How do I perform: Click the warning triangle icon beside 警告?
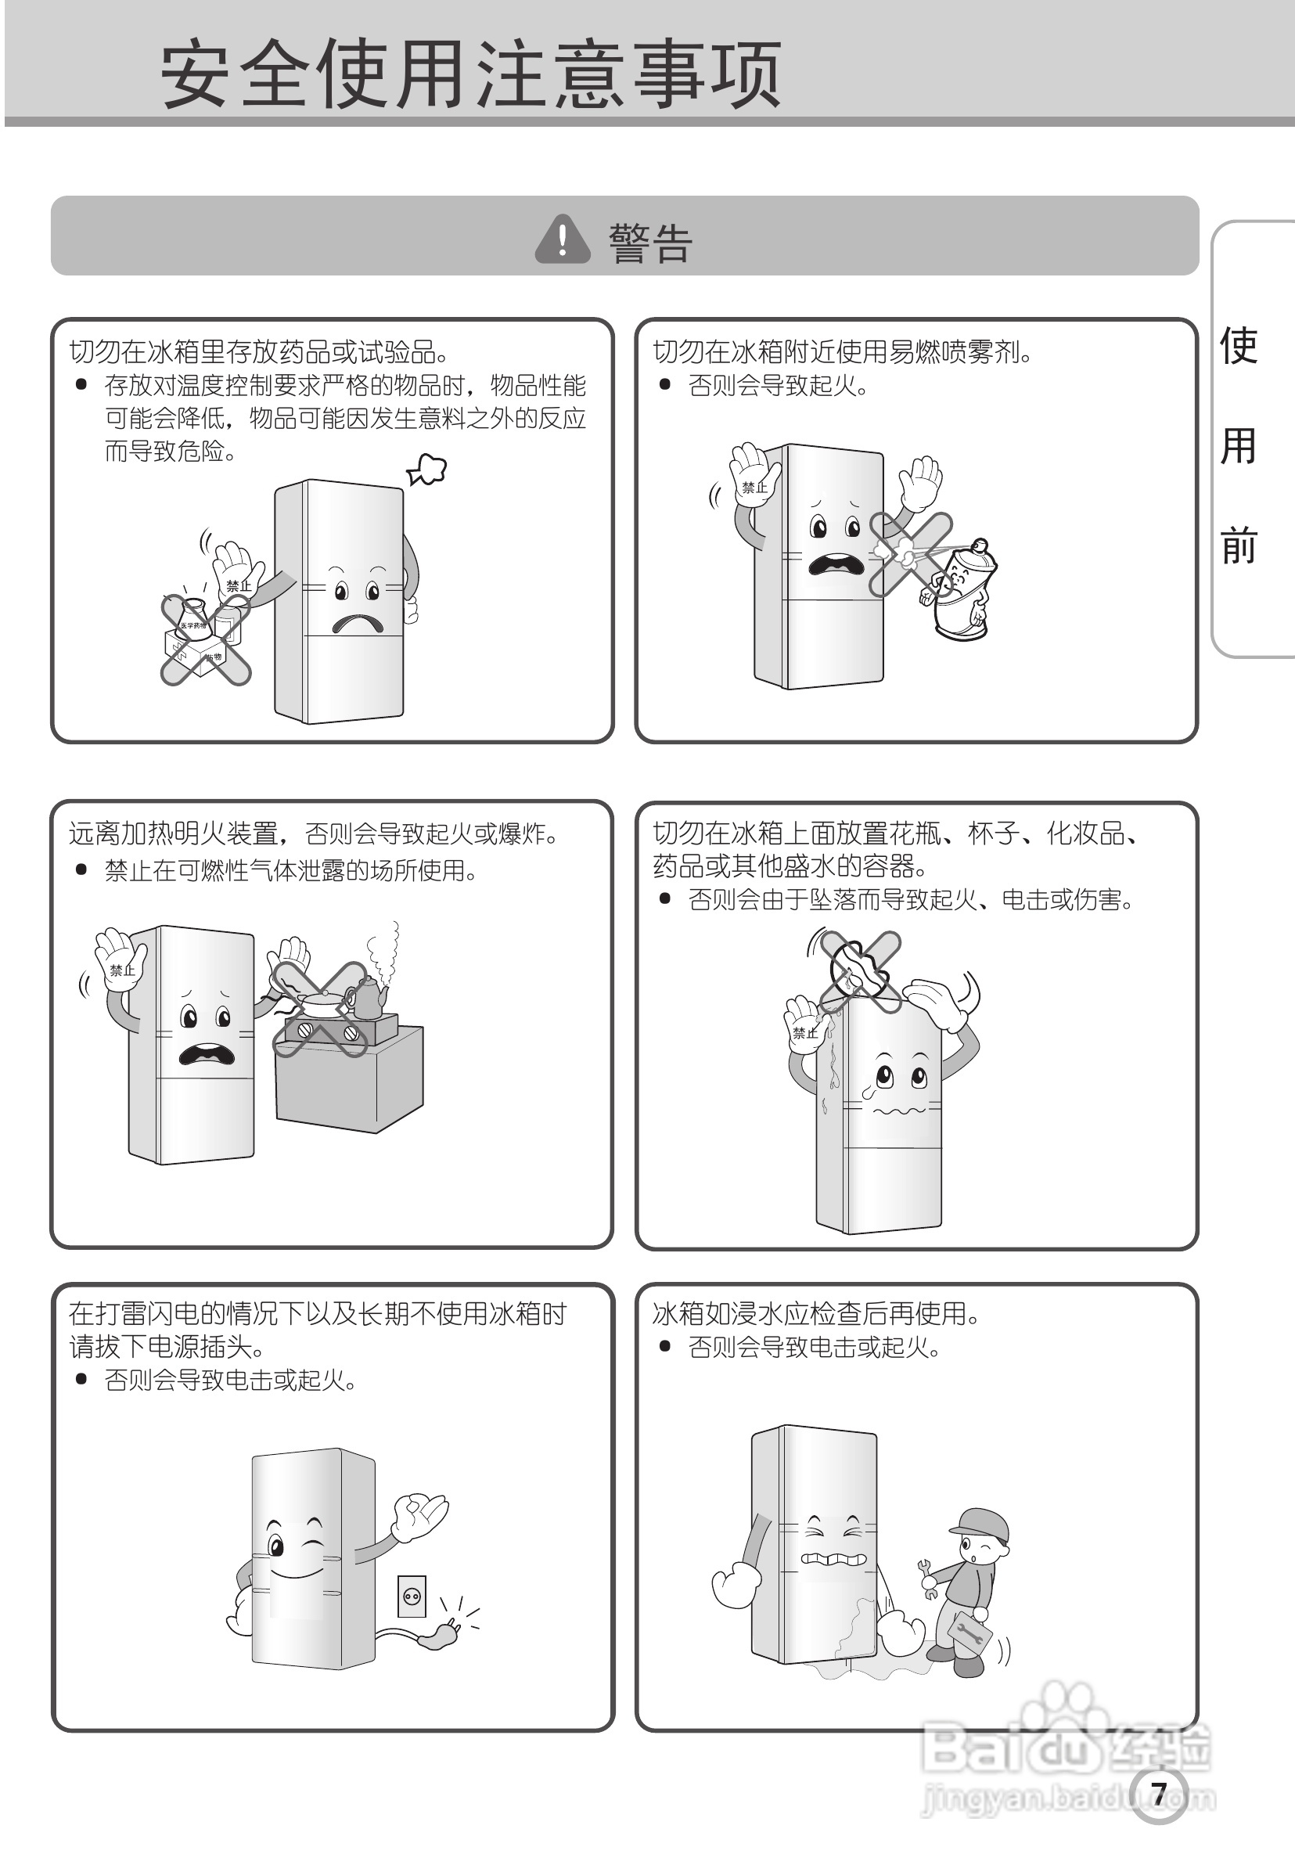pyautogui.click(x=563, y=239)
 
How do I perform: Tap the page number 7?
pyautogui.click(x=1159, y=1794)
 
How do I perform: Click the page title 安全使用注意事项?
pyautogui.click(x=470, y=74)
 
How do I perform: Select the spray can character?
pyautogui.click(x=962, y=588)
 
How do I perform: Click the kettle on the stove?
pyautogui.click(x=368, y=997)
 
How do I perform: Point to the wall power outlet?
pyautogui.click(x=412, y=1595)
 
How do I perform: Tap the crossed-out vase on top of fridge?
pyautogui.click(x=860, y=970)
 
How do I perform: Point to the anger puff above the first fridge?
pyautogui.click(x=426, y=469)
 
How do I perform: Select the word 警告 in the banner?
pyautogui.click(x=650, y=243)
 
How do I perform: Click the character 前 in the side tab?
pyautogui.click(x=1238, y=545)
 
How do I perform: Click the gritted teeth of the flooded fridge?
pyautogui.click(x=836, y=1559)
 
